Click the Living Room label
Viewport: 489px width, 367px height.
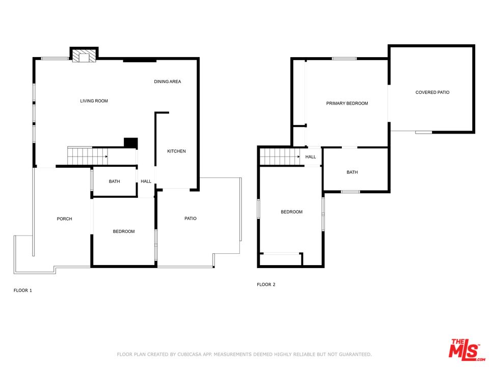94,101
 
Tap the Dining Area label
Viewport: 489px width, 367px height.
168,82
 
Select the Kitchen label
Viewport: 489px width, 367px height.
177,151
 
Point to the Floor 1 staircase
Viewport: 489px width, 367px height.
88,156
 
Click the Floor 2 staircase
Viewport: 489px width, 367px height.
280,156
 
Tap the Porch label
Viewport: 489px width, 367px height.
64,219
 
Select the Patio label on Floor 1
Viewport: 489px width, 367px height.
190,219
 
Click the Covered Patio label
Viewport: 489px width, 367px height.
432,92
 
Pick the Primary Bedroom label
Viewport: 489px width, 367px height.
347,103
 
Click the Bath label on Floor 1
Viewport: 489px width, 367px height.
115,181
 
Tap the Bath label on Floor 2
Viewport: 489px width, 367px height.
352,172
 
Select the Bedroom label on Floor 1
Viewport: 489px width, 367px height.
124,231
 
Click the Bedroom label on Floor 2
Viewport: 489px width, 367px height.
291,212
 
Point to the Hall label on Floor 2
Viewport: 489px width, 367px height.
311,157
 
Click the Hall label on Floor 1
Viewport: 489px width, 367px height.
146,181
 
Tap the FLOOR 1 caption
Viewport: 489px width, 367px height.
23,291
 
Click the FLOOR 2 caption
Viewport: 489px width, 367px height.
266,284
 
